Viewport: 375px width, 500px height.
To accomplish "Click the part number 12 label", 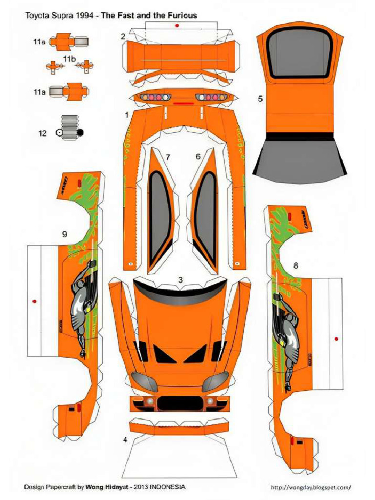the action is (x=43, y=132).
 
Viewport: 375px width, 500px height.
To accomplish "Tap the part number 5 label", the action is (x=260, y=99).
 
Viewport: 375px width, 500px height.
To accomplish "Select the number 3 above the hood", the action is (x=180, y=280).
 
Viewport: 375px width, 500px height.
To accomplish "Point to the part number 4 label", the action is (x=125, y=439).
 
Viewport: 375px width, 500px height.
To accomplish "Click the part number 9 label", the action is (x=64, y=234).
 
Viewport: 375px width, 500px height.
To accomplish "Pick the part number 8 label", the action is (x=295, y=265).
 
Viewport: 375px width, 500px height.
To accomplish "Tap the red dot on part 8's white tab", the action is (x=336, y=338).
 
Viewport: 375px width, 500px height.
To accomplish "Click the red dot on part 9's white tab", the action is (x=35, y=301).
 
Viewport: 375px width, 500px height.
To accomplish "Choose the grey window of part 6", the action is (x=206, y=215).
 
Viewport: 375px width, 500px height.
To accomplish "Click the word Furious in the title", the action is (x=182, y=15).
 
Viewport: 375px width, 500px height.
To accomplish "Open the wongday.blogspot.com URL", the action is (x=311, y=487).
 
